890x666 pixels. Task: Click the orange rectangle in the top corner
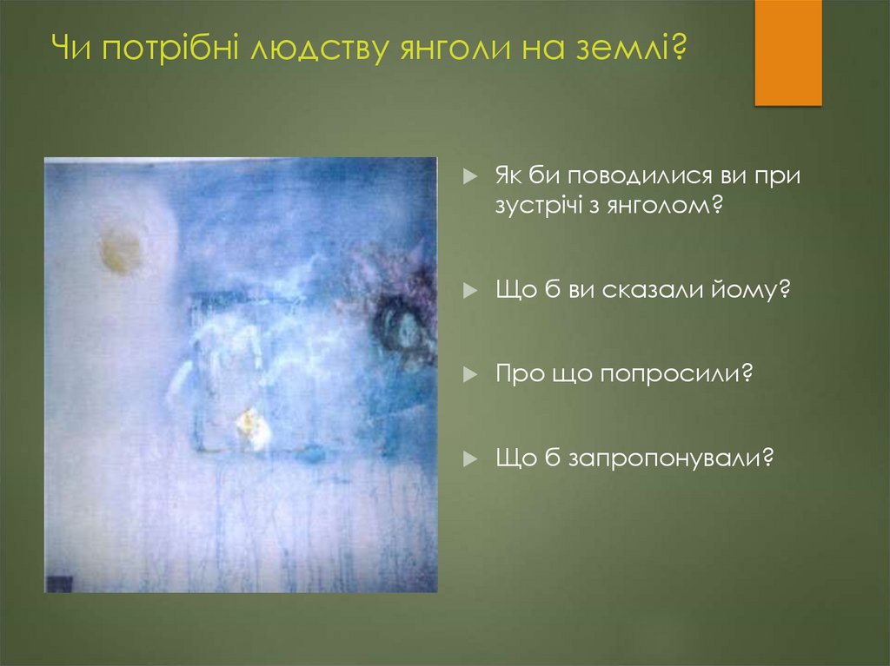click(787, 53)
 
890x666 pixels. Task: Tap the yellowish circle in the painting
click(120, 250)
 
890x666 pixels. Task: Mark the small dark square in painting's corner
click(59, 583)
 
